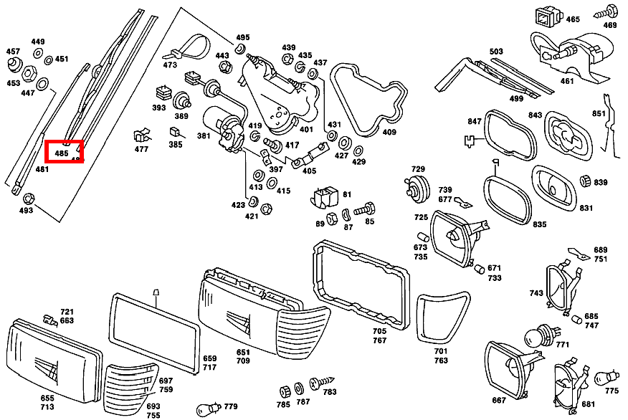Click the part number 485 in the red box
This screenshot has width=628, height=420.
click(62, 153)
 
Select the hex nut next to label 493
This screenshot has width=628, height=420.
click(28, 198)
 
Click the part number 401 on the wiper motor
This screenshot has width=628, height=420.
click(306, 130)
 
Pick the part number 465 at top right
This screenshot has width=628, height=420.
click(573, 19)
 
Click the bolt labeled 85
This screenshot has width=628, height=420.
click(366, 211)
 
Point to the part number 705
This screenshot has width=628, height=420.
click(379, 331)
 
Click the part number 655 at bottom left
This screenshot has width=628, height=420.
click(47, 397)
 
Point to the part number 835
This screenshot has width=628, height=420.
click(539, 224)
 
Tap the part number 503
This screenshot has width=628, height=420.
click(496, 52)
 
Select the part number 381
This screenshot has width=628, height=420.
click(204, 135)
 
